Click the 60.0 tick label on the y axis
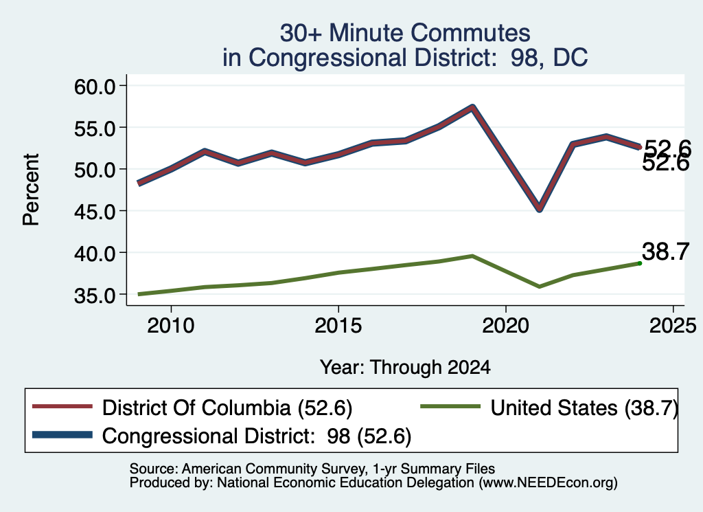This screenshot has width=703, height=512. pyautogui.click(x=95, y=86)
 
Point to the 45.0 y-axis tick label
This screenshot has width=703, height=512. pyautogui.click(x=95, y=211)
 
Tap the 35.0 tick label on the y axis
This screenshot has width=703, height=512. pyautogui.click(x=95, y=295)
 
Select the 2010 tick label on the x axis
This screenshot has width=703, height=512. pyautogui.click(x=171, y=325)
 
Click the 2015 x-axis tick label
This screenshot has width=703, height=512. pyautogui.click(x=338, y=325)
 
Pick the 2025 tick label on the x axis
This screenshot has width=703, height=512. pyautogui.click(x=673, y=325)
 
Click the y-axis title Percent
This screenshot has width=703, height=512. pyautogui.click(x=31, y=190)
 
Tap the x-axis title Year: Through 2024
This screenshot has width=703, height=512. pyautogui.click(x=405, y=367)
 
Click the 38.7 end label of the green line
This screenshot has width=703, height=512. pyautogui.click(x=665, y=252)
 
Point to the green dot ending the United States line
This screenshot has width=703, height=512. pyautogui.click(x=640, y=263)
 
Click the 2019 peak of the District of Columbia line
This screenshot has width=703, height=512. pyautogui.click(x=472, y=108)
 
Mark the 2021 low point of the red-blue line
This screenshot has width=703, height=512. pyautogui.click(x=540, y=209)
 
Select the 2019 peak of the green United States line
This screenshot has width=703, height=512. pyautogui.click(x=472, y=256)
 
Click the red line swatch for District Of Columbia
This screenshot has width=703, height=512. pyautogui.click(x=62, y=407)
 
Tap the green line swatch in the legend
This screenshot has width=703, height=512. pyautogui.click(x=450, y=407)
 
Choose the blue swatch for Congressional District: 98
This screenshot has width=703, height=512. pyautogui.click(x=62, y=435)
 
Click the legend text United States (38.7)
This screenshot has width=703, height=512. pyautogui.click(x=584, y=408)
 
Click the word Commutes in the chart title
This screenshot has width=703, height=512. pyautogui.click(x=470, y=33)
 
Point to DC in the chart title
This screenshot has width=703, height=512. pyautogui.click(x=571, y=58)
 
